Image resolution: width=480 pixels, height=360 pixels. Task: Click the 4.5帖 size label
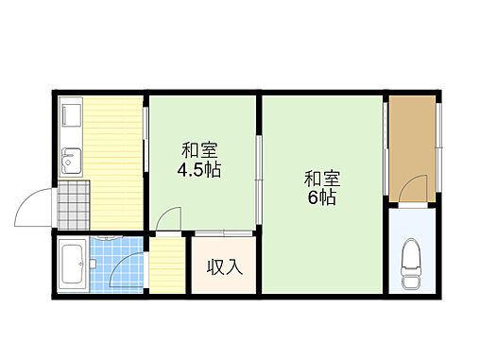[x=198, y=171]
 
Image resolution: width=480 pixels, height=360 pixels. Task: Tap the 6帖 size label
[x=322, y=198]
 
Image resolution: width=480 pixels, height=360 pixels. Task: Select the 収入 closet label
[x=225, y=267]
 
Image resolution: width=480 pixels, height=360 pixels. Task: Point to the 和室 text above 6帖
[x=322, y=177]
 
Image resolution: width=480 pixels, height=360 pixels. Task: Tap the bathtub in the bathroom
[x=73, y=264]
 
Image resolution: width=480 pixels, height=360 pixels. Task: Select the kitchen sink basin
[x=69, y=161]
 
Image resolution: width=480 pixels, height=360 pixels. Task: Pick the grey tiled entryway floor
[x=73, y=204]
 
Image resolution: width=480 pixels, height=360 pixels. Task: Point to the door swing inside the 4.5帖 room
[x=168, y=218]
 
